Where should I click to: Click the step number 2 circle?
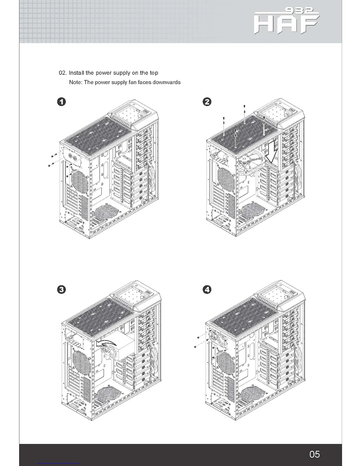pyautogui.click(x=207, y=102)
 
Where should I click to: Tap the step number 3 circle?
pyautogui.click(x=61, y=289)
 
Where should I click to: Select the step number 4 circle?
pyautogui.click(x=207, y=289)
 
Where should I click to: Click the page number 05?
pyautogui.click(x=314, y=454)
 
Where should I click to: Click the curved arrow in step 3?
pyautogui.click(x=106, y=343)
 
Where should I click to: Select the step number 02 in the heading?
pyautogui.click(x=63, y=73)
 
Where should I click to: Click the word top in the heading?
pyautogui.click(x=154, y=73)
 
